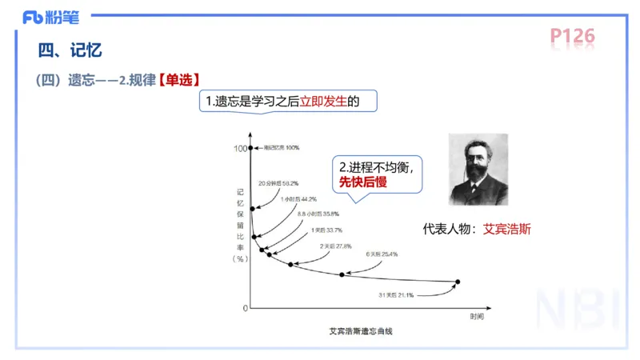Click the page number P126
572,36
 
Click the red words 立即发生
324,102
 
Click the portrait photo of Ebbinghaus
478,170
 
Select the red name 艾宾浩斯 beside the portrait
507,229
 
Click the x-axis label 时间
477,318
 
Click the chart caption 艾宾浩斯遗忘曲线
361,330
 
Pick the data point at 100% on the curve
251,148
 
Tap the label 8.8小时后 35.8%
318,214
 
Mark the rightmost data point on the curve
458,282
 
